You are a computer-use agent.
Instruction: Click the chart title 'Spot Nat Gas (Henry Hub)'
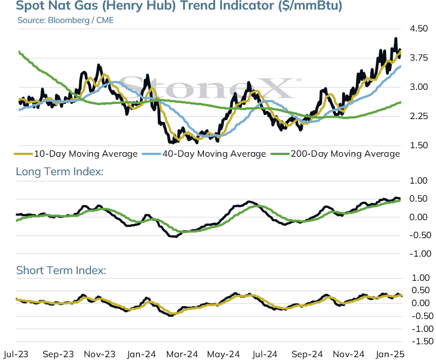pyautogui.click(x=96, y=6)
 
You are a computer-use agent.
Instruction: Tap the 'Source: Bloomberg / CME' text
pyautogui.click(x=66, y=20)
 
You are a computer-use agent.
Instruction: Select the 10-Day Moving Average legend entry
pyautogui.click(x=76, y=154)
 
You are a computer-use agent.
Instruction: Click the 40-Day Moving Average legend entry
pyautogui.click(x=204, y=154)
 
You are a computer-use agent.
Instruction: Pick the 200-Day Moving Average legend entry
pyautogui.click(x=335, y=154)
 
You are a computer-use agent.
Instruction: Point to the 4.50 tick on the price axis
pyautogui.click(x=419, y=29)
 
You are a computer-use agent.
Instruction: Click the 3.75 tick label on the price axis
pyautogui.click(x=419, y=58)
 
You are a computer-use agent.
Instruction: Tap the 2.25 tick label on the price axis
pyautogui.click(x=419, y=116)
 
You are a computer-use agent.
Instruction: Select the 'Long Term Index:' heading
pyautogui.click(x=60, y=171)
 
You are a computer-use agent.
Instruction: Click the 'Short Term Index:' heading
pyautogui.click(x=61, y=270)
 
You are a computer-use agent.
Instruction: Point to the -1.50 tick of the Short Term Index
pyautogui.click(x=423, y=341)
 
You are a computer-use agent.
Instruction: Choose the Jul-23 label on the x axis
pyautogui.click(x=16, y=354)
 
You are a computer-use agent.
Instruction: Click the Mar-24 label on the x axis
pyautogui.click(x=182, y=354)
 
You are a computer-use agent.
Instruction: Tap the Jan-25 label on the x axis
pyautogui.click(x=390, y=354)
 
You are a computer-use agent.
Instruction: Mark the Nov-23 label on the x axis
pyautogui.click(x=99, y=354)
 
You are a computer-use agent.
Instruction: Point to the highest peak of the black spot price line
pyautogui.click(x=396, y=38)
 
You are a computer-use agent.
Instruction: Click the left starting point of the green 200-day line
pyautogui.click(x=19, y=52)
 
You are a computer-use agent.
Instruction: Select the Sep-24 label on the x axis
pyautogui.click(x=307, y=354)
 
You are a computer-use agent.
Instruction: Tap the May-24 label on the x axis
pyautogui.click(x=224, y=354)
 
